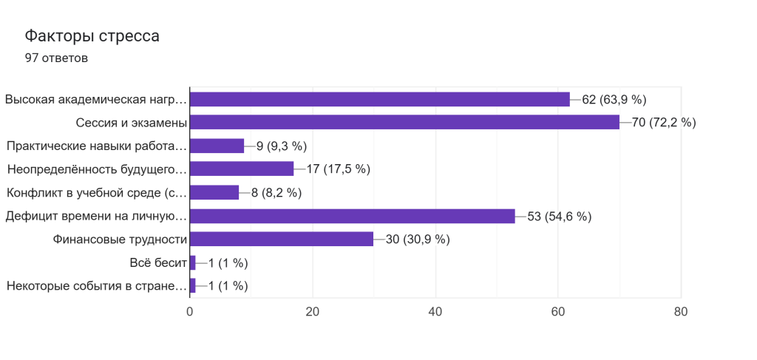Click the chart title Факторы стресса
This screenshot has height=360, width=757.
point(92,35)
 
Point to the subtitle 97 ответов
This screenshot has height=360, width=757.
point(56,58)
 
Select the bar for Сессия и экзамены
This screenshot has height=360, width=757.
point(404,122)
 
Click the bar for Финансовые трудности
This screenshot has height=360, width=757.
point(282,239)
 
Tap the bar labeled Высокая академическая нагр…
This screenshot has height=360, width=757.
point(380,99)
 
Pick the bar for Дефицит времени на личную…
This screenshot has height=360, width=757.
point(353,216)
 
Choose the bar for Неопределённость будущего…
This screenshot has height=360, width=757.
point(242,169)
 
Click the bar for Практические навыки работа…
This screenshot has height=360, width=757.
point(217,146)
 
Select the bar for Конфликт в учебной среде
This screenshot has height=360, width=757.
point(214,192)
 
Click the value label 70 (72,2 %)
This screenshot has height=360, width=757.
point(664,123)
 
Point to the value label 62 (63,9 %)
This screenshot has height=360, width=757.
point(614,99)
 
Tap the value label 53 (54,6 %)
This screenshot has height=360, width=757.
point(560,216)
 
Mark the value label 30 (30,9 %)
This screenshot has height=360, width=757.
point(418,239)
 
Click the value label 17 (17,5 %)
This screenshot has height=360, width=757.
point(338,169)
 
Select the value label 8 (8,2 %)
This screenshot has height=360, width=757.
point(276,192)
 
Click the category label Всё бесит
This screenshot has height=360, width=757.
point(157,262)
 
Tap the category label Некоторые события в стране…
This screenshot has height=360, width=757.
point(96,286)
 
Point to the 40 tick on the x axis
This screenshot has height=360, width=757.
point(435,312)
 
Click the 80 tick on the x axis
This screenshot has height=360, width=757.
point(680,312)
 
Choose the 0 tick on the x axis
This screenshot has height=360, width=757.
point(190,312)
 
